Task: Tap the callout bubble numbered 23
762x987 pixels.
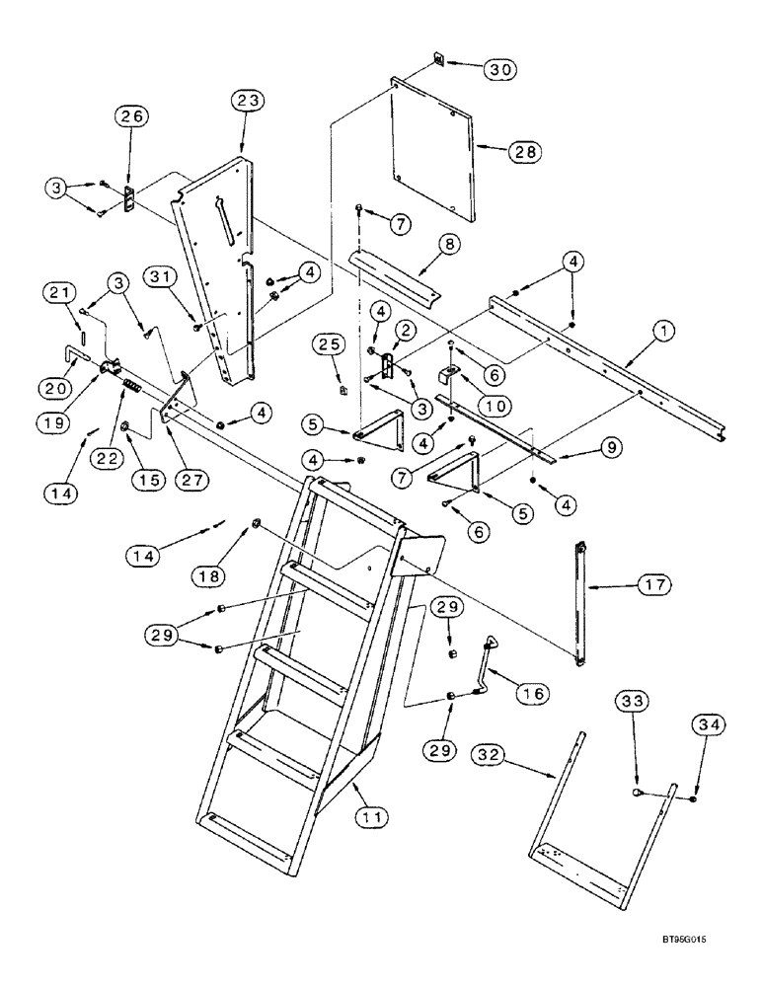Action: tap(248, 102)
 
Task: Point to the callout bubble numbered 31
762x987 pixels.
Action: tap(169, 279)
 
